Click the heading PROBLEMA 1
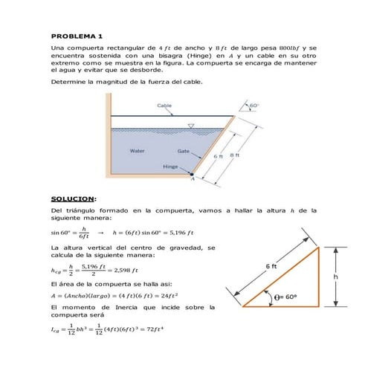tap(77, 36)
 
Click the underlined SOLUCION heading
tap(73, 199)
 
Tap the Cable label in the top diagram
tap(164, 106)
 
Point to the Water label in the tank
tap(137, 151)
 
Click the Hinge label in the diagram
tap(170, 167)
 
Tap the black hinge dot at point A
tap(191, 174)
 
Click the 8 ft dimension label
tap(235, 155)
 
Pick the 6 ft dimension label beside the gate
tap(219, 157)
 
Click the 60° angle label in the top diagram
tap(254, 106)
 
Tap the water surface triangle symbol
tap(191, 126)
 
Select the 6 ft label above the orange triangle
tap(271, 266)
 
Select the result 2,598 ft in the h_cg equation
tap(123, 271)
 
